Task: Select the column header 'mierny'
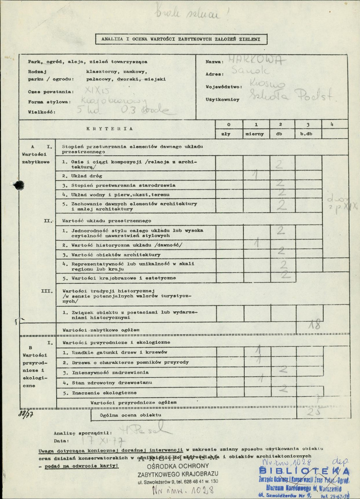coord(256,134)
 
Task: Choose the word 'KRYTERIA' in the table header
coord(113,129)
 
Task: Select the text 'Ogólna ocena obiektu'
coord(130,415)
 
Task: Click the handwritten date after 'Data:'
coord(99,440)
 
